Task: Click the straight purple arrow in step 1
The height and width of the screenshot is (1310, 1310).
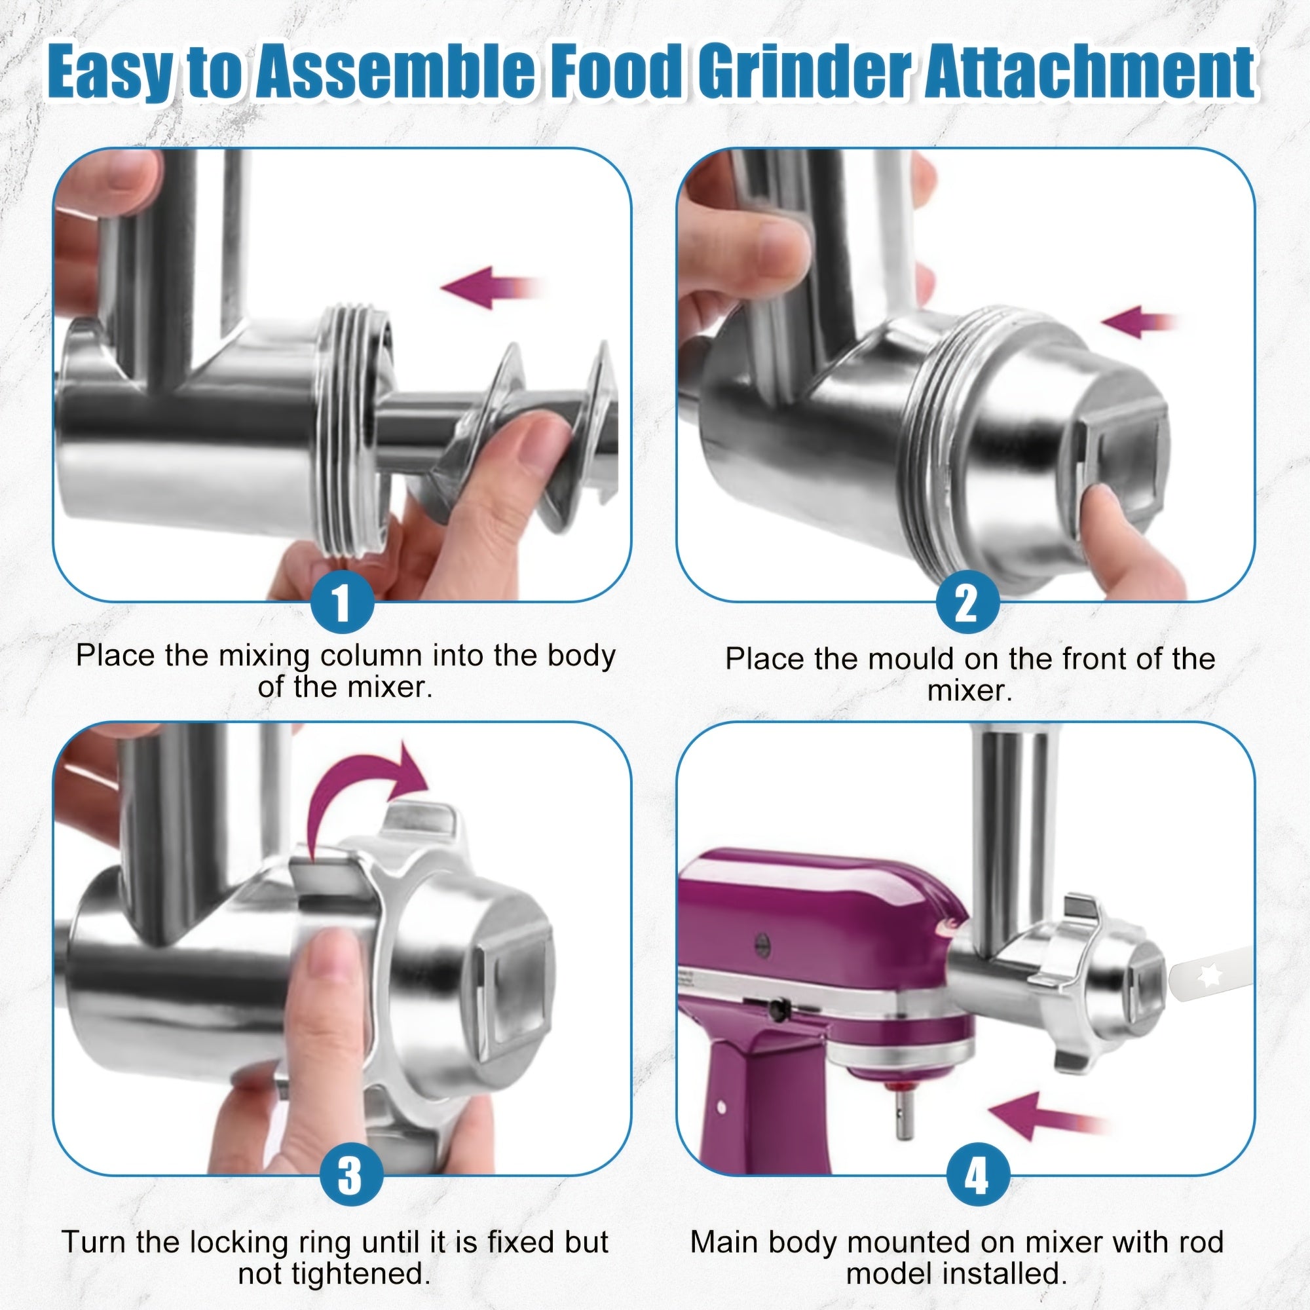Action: (x=492, y=288)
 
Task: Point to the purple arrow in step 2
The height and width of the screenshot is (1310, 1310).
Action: (x=1138, y=322)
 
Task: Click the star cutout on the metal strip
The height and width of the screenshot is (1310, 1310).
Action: (x=1210, y=976)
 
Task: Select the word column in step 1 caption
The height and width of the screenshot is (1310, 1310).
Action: (x=371, y=656)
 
